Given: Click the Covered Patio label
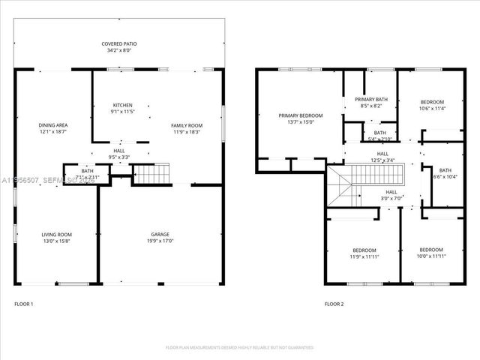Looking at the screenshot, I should coord(119,44).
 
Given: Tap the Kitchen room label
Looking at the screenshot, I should coord(122,104).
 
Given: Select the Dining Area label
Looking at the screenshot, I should coord(53,124).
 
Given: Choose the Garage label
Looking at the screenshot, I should coord(160,235).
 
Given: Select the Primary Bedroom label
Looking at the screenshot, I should coord(300,115).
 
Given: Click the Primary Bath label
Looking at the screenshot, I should coord(370,99).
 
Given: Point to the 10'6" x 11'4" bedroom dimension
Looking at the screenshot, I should coord(432,109).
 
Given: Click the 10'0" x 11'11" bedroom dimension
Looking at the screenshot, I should coord(431,256).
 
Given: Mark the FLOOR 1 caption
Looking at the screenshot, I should coord(24,304).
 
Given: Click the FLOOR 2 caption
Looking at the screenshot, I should coord(334,304).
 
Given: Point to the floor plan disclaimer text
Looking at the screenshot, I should coord(239,347).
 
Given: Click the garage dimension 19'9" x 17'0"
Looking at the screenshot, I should coord(160,241).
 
